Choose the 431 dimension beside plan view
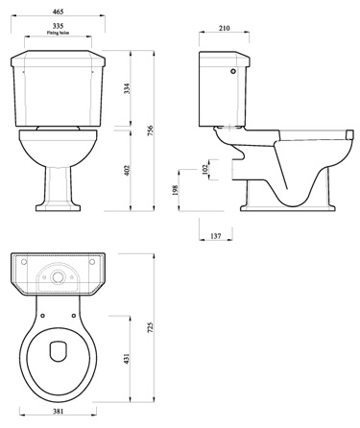[x=128, y=360]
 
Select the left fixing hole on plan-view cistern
[x=22, y=260]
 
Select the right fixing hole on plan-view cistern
[x=96, y=260]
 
